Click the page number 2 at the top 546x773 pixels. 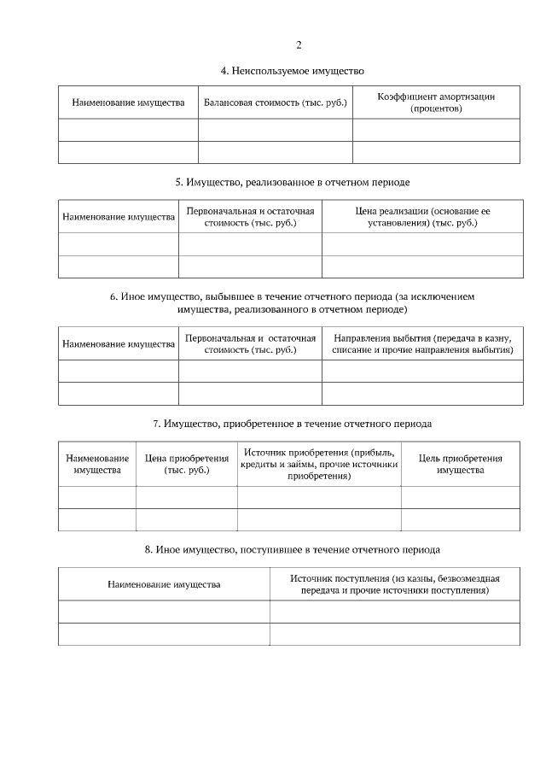(298, 45)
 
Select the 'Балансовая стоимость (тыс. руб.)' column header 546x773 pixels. (275, 103)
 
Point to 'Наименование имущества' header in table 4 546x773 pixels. (128, 103)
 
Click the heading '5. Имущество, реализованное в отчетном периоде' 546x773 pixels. (293, 182)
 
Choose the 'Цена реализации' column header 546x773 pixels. (422, 217)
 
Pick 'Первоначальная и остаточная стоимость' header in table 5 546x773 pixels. (250, 217)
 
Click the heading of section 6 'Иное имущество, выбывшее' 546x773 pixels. (293, 302)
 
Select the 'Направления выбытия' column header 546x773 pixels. (422, 344)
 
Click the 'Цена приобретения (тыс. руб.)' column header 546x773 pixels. (186, 464)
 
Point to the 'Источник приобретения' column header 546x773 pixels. (319, 464)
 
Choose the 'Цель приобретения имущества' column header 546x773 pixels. (460, 464)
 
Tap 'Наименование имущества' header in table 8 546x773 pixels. (164, 584)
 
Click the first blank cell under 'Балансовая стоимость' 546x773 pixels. (275, 130)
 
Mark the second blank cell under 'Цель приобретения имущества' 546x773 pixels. (460, 519)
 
